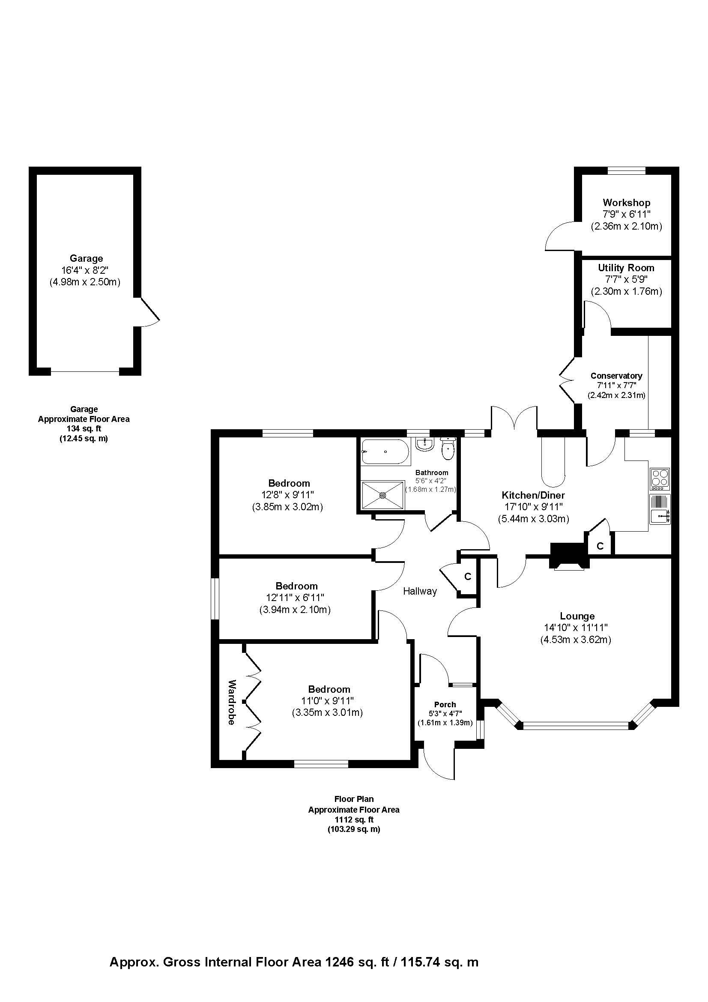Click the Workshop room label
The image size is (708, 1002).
[x=627, y=203]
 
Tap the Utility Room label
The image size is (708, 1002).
[x=626, y=267]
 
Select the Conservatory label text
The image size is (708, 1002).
[x=616, y=376]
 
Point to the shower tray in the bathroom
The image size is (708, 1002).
[x=382, y=495]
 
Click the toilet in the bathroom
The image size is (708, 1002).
[x=448, y=449]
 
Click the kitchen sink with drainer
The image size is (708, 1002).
[x=660, y=509]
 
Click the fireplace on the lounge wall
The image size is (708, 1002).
[x=569, y=557]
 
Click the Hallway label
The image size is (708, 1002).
[x=420, y=591]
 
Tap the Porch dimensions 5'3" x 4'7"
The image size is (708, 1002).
[x=445, y=714]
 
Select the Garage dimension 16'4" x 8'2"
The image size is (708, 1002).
[x=86, y=270]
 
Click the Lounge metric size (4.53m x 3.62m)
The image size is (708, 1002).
[x=575, y=640]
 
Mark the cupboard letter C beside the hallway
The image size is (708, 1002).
[x=468, y=577]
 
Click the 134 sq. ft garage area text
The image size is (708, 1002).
[x=84, y=429]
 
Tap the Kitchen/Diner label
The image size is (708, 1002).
[x=533, y=495]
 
